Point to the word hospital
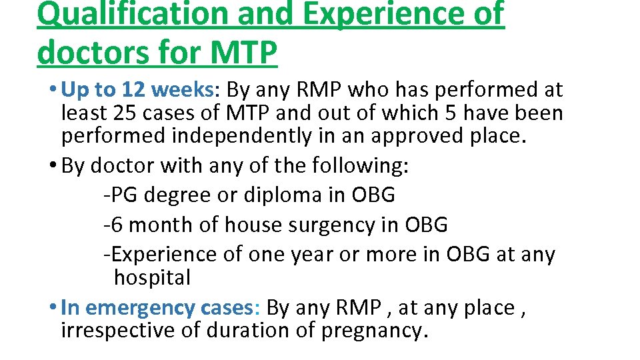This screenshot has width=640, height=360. [x=152, y=277]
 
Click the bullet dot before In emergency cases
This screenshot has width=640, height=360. [x=52, y=308]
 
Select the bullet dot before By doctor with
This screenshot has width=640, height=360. [x=52, y=165]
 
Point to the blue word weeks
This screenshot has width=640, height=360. [x=188, y=89]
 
